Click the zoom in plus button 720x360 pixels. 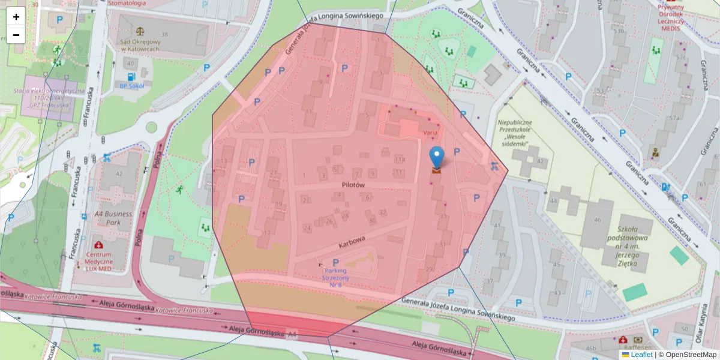(x=16, y=17)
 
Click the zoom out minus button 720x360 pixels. (x=16, y=35)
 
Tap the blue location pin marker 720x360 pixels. (x=437, y=157)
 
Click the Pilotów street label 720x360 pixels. (x=354, y=186)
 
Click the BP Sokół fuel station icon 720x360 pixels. (x=131, y=77)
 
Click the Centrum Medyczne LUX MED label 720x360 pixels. (x=99, y=262)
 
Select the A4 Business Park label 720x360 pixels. (x=113, y=218)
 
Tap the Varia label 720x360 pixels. (x=430, y=131)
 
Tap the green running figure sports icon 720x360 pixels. (x=179, y=190)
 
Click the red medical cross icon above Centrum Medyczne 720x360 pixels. (x=98, y=245)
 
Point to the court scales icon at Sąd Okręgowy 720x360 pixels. (x=141, y=28)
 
